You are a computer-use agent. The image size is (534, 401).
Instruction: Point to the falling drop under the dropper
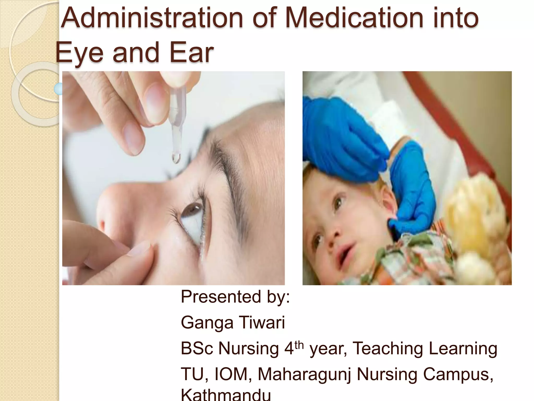click(176, 158)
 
